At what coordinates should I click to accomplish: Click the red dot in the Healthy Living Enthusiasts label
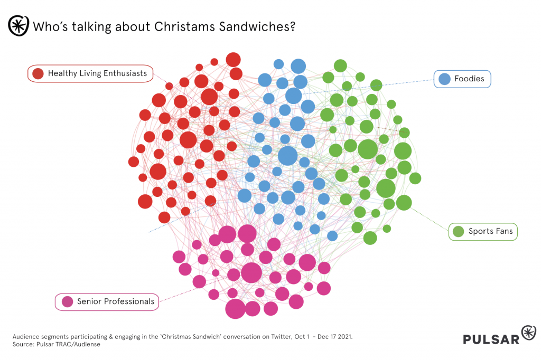point(38,74)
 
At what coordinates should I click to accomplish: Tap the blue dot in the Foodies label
point(445,79)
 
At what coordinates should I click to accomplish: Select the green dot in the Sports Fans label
point(459,231)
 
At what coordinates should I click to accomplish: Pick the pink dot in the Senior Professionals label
point(67,302)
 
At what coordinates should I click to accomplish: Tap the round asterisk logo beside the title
point(18,26)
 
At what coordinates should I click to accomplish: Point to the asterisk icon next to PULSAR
point(528,333)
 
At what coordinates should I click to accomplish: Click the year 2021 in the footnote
point(343,336)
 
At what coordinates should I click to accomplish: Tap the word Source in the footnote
point(24,344)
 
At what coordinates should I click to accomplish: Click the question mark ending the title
point(292,26)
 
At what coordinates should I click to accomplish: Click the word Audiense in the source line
point(85,344)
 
